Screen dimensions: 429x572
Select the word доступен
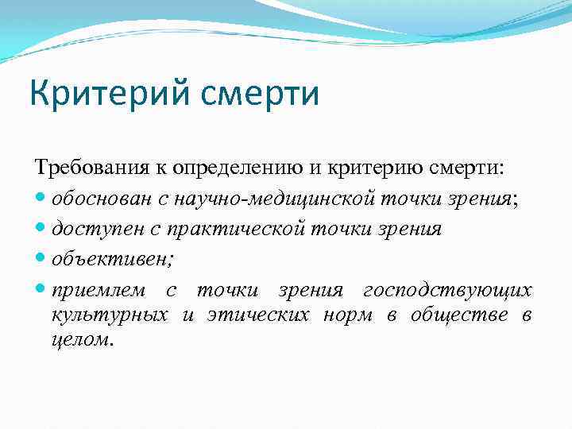click(91, 229)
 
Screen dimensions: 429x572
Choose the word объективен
click(95, 258)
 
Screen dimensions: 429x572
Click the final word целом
click(82, 339)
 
